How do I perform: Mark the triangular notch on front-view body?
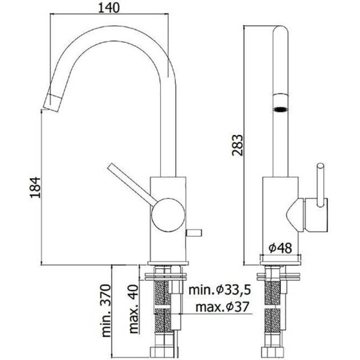pyautogui.click(x=294, y=214)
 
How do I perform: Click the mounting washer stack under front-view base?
pyautogui.click(x=281, y=278)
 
